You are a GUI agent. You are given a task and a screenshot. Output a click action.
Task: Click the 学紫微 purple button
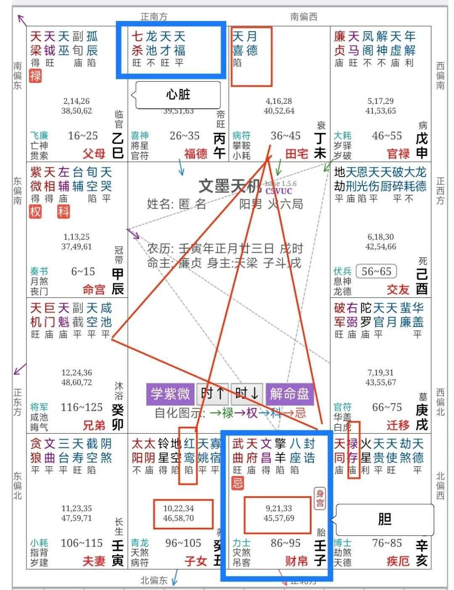[170, 394]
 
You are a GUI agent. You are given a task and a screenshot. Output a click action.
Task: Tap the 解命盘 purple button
[289, 394]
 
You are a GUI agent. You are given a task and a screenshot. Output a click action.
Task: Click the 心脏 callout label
[178, 94]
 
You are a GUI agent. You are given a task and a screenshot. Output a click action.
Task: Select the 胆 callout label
[384, 519]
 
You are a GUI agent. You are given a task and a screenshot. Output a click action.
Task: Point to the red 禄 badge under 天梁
[36, 76]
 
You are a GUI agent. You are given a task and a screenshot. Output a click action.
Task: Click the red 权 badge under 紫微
[36, 211]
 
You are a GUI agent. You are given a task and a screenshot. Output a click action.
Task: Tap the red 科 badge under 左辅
[63, 211]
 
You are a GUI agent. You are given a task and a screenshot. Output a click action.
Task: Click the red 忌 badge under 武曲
[238, 483]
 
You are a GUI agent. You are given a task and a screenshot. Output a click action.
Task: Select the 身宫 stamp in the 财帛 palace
[320, 498]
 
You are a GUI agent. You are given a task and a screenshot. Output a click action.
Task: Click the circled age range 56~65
[376, 272]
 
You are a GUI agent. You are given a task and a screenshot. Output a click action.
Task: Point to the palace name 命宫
[94, 289]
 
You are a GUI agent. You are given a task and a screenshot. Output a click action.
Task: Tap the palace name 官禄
[398, 153]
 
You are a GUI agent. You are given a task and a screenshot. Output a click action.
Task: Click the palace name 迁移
[398, 425]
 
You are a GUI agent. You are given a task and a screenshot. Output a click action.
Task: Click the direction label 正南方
[154, 17]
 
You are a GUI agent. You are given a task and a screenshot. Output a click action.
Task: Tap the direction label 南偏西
[304, 17]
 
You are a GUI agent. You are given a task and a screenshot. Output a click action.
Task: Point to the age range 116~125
[82, 407]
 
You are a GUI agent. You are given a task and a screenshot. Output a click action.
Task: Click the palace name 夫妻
[94, 561]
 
